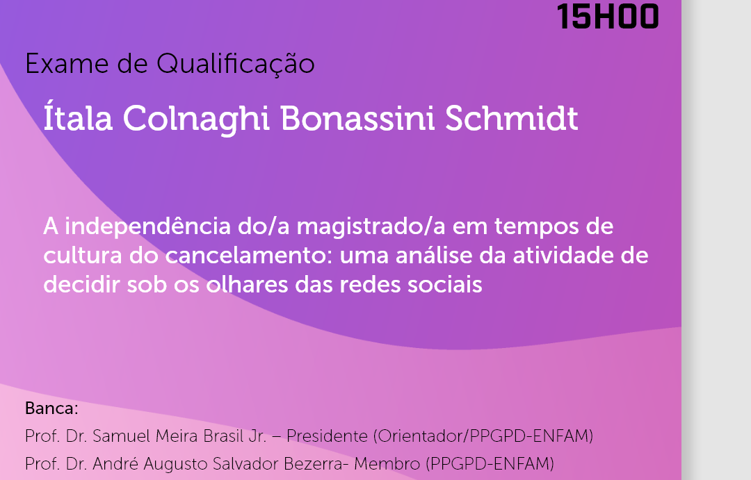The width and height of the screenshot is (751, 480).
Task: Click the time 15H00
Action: pyautogui.click(x=608, y=16)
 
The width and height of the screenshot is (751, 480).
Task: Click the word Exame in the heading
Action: pyautogui.click(x=67, y=64)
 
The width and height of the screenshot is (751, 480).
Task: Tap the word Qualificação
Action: pyautogui.click(x=236, y=64)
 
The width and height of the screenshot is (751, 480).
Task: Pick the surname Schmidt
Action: pyautogui.click(x=512, y=117)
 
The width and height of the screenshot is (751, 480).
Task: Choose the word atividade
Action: pyautogui.click(x=560, y=256)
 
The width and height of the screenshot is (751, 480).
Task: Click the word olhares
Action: pyautogui.click(x=248, y=285)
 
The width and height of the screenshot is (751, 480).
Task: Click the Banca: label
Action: pyautogui.click(x=51, y=408)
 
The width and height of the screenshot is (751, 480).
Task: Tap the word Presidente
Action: pyautogui.click(x=327, y=436)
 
